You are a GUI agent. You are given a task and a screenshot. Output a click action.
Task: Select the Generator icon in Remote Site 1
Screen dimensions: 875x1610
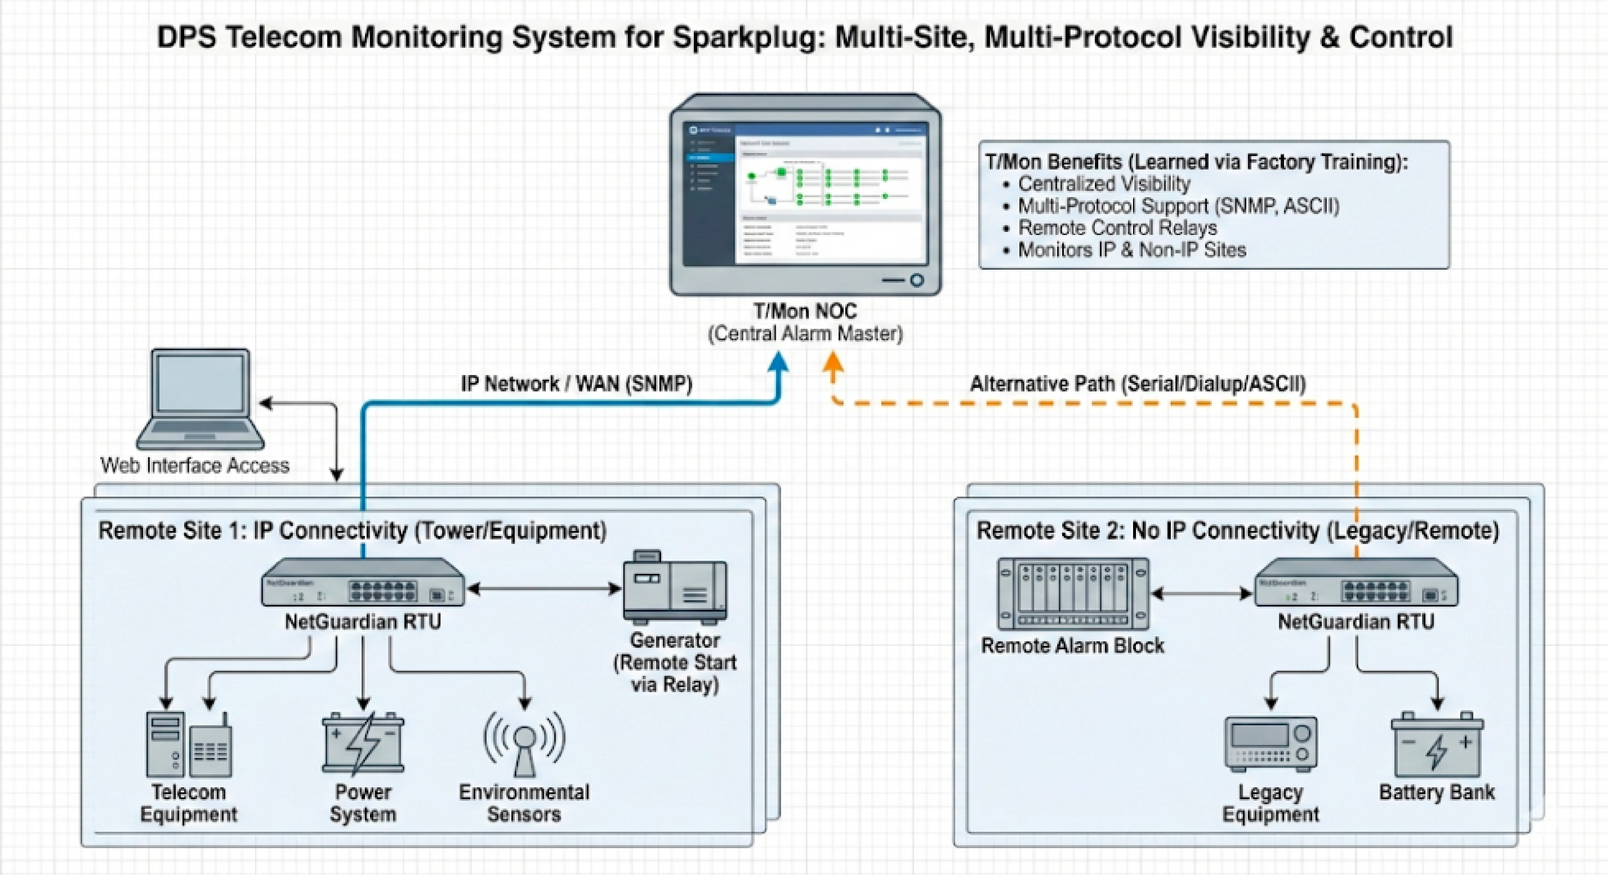tap(675, 588)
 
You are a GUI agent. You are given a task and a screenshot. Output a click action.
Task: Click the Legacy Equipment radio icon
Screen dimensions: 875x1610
tap(1271, 744)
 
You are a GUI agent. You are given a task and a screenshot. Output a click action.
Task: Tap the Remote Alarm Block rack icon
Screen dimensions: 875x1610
tap(1073, 594)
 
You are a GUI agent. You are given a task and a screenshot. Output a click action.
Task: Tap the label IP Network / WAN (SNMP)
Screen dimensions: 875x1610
tap(576, 384)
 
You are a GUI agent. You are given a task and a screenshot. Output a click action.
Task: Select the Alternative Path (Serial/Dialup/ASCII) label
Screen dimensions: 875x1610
tap(1138, 384)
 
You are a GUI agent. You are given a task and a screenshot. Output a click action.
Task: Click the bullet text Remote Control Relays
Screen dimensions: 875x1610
tap(1118, 227)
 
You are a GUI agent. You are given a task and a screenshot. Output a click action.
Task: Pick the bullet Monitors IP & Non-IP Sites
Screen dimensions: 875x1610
tap(1131, 250)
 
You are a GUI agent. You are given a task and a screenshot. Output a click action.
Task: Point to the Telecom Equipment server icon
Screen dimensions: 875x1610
tap(166, 744)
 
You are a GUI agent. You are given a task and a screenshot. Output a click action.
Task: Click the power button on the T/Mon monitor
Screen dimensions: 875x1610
tap(917, 280)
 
